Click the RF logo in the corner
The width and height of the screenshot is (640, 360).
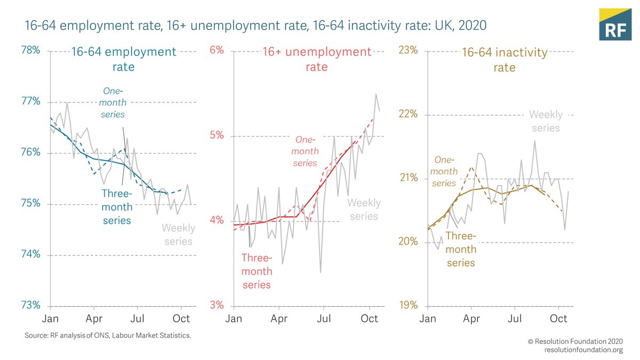[615, 25]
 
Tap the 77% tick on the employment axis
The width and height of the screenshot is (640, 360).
[30, 101]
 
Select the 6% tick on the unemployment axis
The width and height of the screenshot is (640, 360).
[217, 51]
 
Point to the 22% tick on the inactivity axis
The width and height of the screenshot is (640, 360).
[410, 114]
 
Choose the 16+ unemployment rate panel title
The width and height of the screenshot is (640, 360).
[316, 59]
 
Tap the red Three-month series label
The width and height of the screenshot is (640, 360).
[257, 271]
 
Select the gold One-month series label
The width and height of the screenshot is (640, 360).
[444, 171]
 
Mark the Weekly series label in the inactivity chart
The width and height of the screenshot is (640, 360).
[546, 121]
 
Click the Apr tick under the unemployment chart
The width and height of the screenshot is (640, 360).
[279, 318]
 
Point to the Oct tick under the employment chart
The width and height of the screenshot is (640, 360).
[182, 318]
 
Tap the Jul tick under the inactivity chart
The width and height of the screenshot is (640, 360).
[515, 318]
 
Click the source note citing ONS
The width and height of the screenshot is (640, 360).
[108, 335]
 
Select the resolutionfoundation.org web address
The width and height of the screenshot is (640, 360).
[583, 350]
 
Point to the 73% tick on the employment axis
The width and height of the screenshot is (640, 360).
[30, 306]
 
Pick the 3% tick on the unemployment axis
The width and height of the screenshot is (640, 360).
[217, 306]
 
